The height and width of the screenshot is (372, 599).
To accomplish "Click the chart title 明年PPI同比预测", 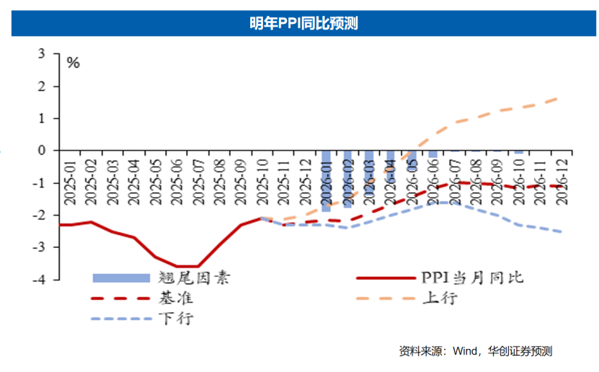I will (x=299, y=24).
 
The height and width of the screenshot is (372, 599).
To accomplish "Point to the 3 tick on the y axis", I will (x=42, y=53).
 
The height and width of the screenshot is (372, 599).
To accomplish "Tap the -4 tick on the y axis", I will (x=40, y=280).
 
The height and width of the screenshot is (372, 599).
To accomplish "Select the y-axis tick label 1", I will (x=42, y=118).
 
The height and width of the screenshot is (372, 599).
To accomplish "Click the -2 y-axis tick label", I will (x=40, y=215).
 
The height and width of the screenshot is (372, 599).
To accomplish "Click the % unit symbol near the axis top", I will (x=73, y=63).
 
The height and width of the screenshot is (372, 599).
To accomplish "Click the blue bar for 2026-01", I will (x=326, y=180).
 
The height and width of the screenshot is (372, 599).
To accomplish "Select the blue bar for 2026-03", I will (x=369, y=173).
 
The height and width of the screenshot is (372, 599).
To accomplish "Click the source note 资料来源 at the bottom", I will (x=476, y=351).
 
